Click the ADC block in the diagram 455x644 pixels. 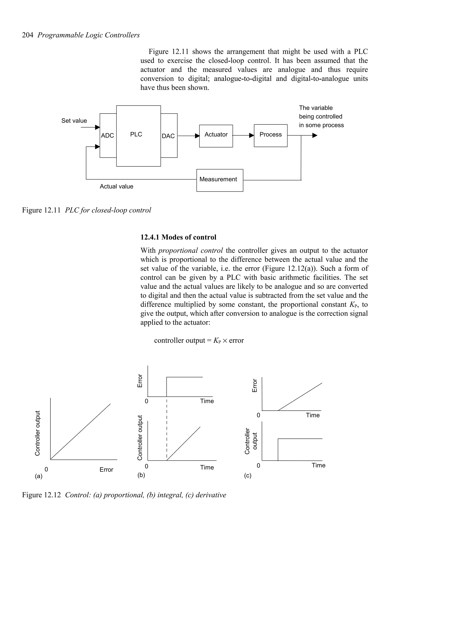coord(108,136)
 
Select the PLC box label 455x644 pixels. coord(136,134)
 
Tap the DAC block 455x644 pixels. coord(168,136)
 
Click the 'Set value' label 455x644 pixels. coord(74,121)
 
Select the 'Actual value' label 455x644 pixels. coord(116,186)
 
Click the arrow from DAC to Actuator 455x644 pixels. coord(188,136)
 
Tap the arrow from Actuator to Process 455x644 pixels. coord(243,136)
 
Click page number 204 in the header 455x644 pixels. coord(28,35)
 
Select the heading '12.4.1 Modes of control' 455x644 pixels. coord(178,237)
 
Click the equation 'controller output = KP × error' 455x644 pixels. coord(199,340)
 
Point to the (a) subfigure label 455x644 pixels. coord(38,476)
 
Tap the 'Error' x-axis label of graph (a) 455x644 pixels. coord(106,470)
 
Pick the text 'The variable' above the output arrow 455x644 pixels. coord(316,108)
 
